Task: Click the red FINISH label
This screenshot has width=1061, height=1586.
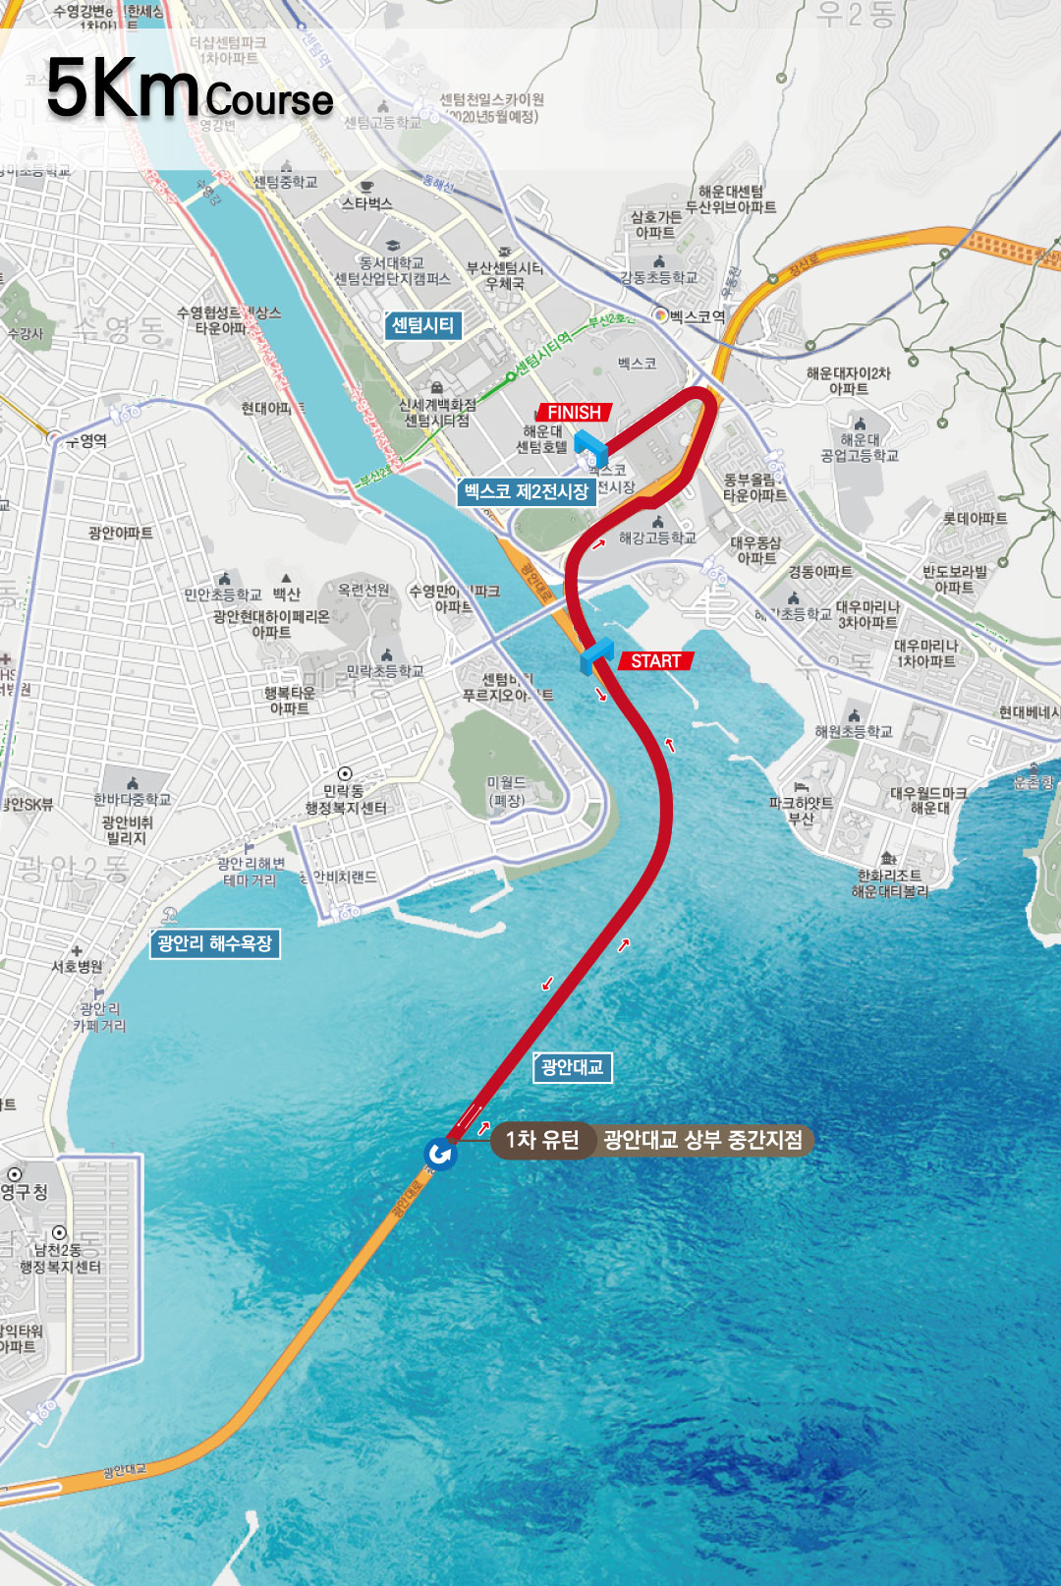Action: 574,413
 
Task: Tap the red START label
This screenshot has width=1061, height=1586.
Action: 655,661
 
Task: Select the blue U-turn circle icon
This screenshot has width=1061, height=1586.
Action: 439,1154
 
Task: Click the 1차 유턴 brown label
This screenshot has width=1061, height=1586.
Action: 541,1140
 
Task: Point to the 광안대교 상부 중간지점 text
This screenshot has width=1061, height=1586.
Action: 702,1140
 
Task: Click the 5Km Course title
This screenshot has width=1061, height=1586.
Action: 190,90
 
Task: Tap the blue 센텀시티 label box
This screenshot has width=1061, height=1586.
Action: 422,325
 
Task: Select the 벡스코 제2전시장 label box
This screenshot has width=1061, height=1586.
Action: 527,491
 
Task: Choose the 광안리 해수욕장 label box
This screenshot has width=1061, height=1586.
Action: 214,943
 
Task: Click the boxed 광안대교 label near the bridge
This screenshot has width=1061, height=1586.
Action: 572,1067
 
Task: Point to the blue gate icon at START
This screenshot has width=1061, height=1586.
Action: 596,655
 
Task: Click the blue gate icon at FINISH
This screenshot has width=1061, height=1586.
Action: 590,447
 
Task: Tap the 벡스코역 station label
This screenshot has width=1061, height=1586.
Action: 697,316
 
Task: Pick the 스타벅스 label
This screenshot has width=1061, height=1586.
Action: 366,203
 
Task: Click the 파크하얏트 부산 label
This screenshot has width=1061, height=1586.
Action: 801,810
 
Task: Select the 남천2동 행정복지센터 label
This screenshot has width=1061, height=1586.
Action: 61,1258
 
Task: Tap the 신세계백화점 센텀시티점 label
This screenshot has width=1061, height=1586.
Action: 437,413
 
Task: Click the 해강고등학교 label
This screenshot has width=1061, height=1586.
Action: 657,538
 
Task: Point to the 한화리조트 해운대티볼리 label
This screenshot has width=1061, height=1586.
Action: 889,882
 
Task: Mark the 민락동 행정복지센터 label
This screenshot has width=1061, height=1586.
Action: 345,799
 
